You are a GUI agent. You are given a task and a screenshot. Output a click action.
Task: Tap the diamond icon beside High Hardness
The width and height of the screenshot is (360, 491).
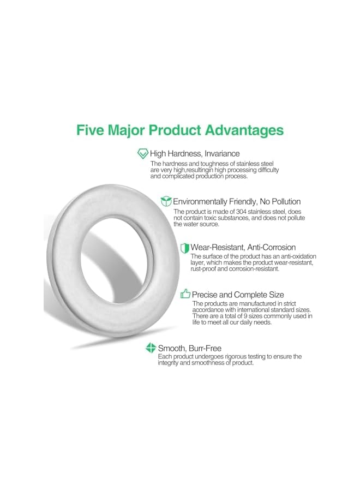(x=143, y=153)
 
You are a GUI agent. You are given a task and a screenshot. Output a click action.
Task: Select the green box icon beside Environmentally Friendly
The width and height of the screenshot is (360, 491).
(x=166, y=201)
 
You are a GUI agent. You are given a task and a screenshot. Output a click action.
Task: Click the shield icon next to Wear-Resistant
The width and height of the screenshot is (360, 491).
(x=184, y=248)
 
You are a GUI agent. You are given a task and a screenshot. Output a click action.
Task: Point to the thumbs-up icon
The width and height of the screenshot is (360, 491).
(x=185, y=294)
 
